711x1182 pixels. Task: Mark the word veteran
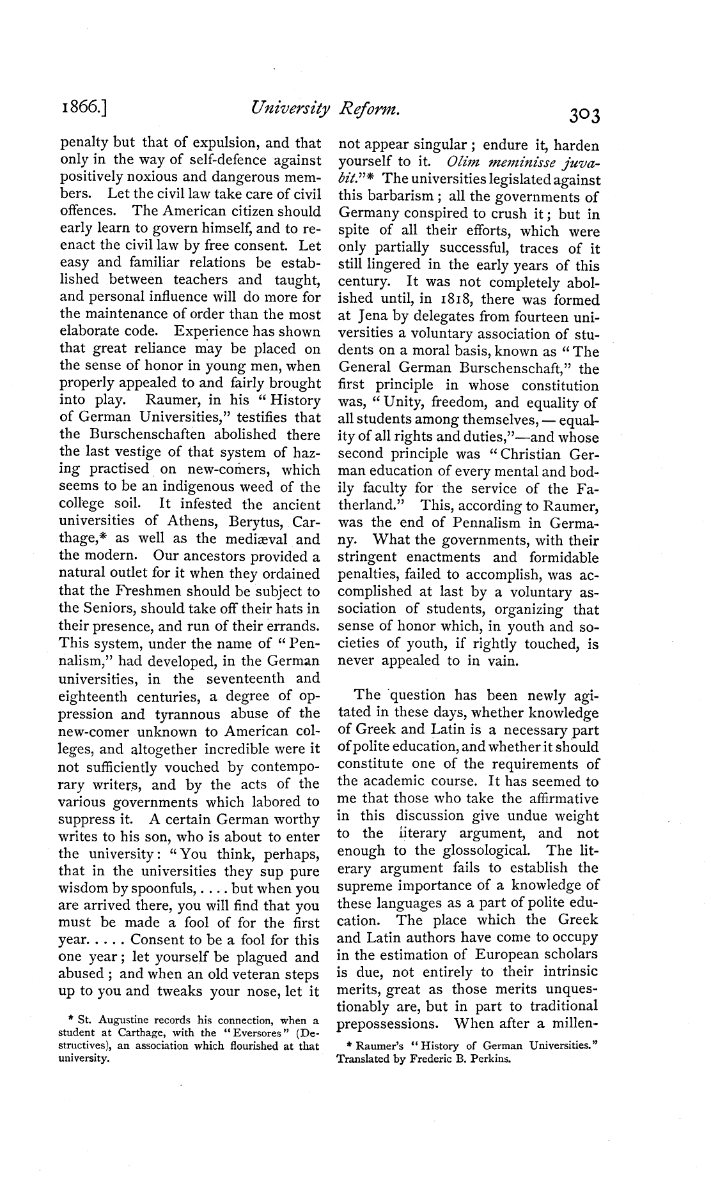pyautogui.click(x=249, y=974)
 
